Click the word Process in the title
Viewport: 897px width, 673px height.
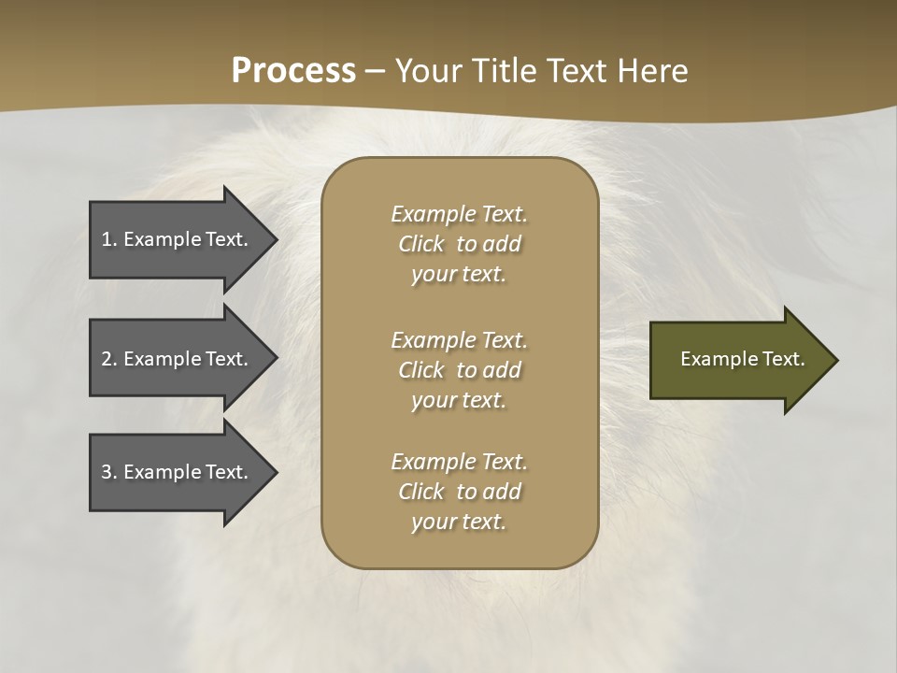pos(293,71)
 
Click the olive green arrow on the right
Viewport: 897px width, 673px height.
pos(738,359)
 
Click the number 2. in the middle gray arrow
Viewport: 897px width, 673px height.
pos(109,359)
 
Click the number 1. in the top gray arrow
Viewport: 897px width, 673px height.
pos(109,239)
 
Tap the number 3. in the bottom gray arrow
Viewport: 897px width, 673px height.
pos(109,472)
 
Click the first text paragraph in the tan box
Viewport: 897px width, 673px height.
pos(459,244)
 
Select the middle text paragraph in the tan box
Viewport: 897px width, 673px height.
pos(459,370)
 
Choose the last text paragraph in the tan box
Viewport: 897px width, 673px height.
pos(459,492)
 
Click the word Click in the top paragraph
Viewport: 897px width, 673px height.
pos(420,244)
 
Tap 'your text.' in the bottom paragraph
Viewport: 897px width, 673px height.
pos(459,522)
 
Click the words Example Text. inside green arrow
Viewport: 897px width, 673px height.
pos(742,359)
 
